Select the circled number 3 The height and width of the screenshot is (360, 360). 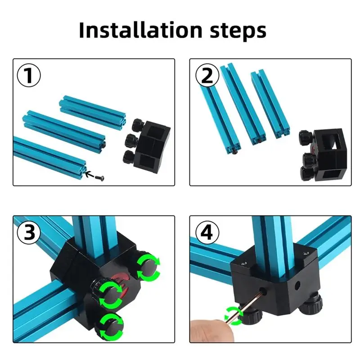[28, 233]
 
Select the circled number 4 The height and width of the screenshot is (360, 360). [207, 233]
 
